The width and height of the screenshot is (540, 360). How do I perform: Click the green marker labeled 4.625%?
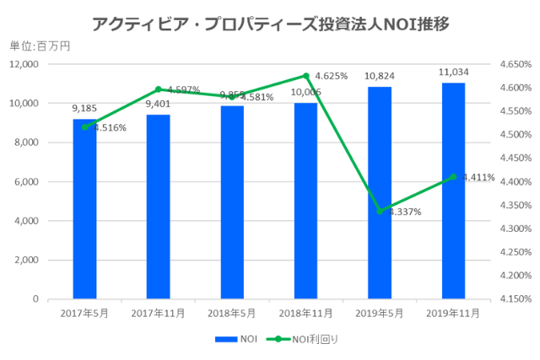(305, 76)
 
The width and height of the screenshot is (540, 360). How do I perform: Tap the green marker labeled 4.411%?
(453, 177)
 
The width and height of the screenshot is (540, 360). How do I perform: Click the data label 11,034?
(453, 73)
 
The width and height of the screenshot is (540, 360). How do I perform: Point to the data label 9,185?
(84, 109)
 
